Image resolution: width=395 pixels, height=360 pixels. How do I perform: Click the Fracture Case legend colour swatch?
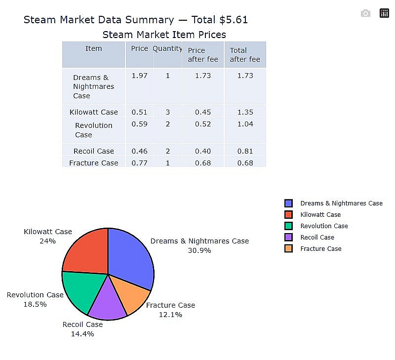coord(289,248)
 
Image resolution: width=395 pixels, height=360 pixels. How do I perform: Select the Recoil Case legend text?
coord(317,237)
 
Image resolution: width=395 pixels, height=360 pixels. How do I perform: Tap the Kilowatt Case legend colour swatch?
coord(289,214)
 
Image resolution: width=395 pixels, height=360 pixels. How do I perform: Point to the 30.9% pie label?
coord(199,250)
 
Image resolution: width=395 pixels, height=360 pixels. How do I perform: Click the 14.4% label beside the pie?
coord(82,334)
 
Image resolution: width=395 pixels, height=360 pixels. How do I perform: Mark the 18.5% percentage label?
coord(35,304)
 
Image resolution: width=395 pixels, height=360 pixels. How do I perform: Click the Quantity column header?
coord(167,48)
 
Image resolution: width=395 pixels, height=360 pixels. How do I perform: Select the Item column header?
coord(93,48)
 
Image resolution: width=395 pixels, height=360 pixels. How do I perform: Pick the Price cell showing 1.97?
coord(140,76)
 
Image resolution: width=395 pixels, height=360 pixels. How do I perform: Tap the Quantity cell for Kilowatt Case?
coord(168,112)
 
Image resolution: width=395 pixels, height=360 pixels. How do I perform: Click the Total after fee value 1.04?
coord(245,124)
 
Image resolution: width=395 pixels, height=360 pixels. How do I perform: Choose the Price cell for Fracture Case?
coord(140,163)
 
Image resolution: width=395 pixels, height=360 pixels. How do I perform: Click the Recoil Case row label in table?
coord(94,151)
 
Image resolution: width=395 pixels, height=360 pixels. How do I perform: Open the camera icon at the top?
coord(365,13)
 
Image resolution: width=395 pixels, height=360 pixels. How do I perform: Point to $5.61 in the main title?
coord(234,20)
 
